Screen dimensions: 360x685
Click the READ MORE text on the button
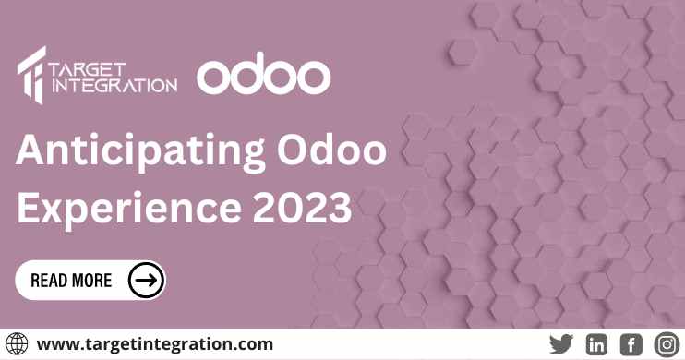tap(71, 280)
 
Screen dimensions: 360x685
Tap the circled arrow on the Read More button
tap(146, 279)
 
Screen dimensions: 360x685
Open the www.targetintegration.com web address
tap(155, 343)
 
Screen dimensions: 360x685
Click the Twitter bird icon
tap(560, 343)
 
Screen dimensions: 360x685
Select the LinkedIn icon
tap(596, 343)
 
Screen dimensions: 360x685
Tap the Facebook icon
tap(631, 343)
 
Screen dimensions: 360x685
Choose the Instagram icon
tap(667, 343)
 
